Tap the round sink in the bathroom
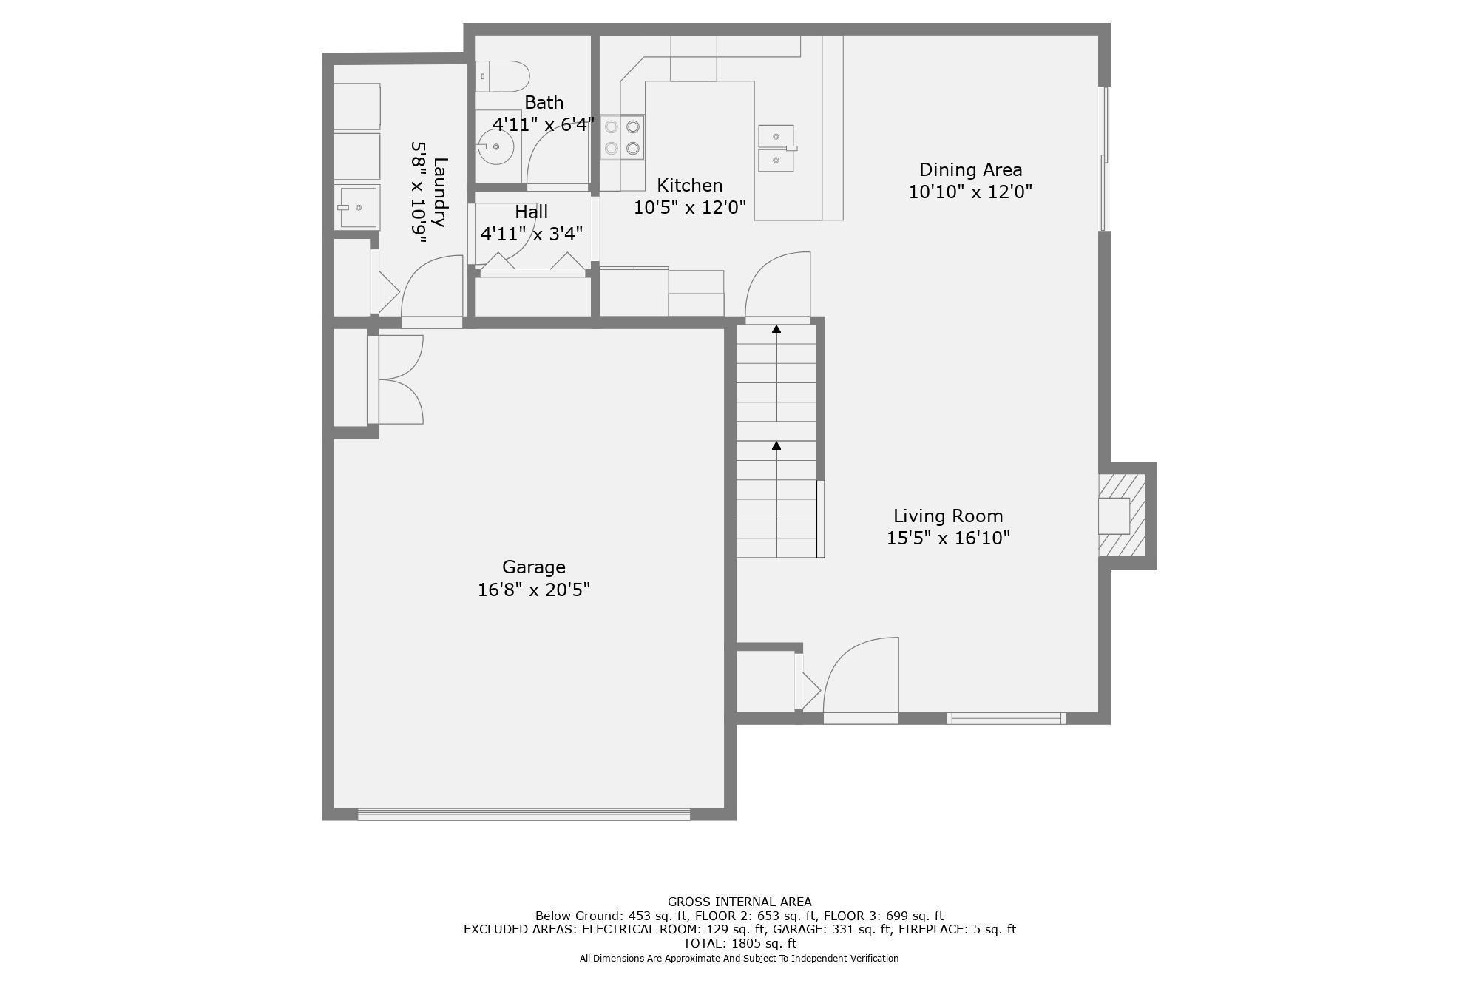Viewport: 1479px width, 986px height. coord(495,146)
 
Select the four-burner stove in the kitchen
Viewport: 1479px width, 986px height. coord(622,138)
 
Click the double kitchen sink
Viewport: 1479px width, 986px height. coord(776,149)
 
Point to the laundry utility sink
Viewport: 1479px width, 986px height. coord(358,207)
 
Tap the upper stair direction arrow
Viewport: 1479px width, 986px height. coord(776,329)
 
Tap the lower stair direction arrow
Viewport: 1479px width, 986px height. coord(776,445)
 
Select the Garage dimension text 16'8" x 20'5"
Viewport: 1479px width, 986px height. coord(533,590)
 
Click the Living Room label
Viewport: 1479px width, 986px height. coord(948,516)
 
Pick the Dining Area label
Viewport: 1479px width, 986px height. coord(970,169)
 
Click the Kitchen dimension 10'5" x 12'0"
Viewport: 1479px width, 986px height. coord(689,207)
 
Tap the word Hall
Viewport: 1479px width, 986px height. coord(531,212)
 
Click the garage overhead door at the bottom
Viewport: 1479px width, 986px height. coord(524,814)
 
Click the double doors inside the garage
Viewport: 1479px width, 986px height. coord(399,379)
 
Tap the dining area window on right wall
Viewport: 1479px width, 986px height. coord(1104,159)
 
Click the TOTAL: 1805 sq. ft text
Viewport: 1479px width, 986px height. coord(739,943)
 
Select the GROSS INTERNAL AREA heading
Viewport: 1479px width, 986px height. coord(739,902)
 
